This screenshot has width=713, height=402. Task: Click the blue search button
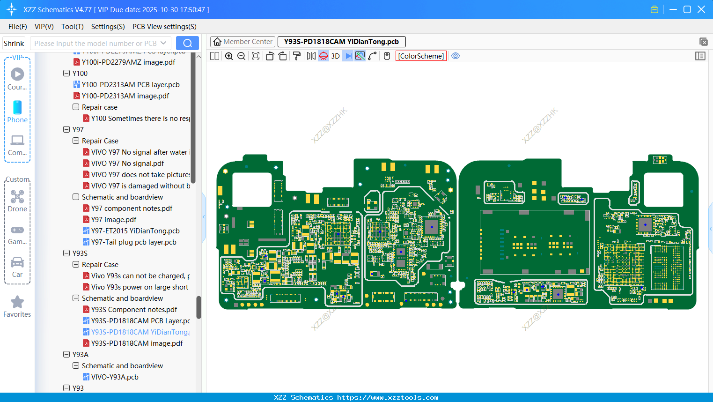pos(187,43)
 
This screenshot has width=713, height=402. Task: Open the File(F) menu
pos(18,27)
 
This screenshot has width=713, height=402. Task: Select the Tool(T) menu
pos(72,27)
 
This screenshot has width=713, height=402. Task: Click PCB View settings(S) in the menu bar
pos(164,27)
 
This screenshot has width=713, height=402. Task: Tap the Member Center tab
pos(243,42)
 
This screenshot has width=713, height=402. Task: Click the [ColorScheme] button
pos(421,56)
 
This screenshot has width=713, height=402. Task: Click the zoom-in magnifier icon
pos(229,56)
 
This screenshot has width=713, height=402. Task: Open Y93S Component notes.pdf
pos(134,310)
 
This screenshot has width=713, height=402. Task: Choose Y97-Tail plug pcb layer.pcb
pos(133,242)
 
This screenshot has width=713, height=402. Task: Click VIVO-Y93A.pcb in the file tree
pos(115,377)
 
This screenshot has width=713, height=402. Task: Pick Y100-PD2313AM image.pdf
pos(125,96)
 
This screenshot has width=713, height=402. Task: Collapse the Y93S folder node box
pos(66,253)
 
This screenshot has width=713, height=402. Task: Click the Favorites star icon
pos(17,302)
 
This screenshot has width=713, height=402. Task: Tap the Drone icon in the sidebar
pos(17,197)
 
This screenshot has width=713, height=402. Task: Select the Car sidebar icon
pos(17,263)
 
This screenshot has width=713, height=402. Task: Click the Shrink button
pos(14,44)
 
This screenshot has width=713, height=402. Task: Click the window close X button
pos(701,9)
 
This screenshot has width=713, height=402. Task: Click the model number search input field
pos(96,44)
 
